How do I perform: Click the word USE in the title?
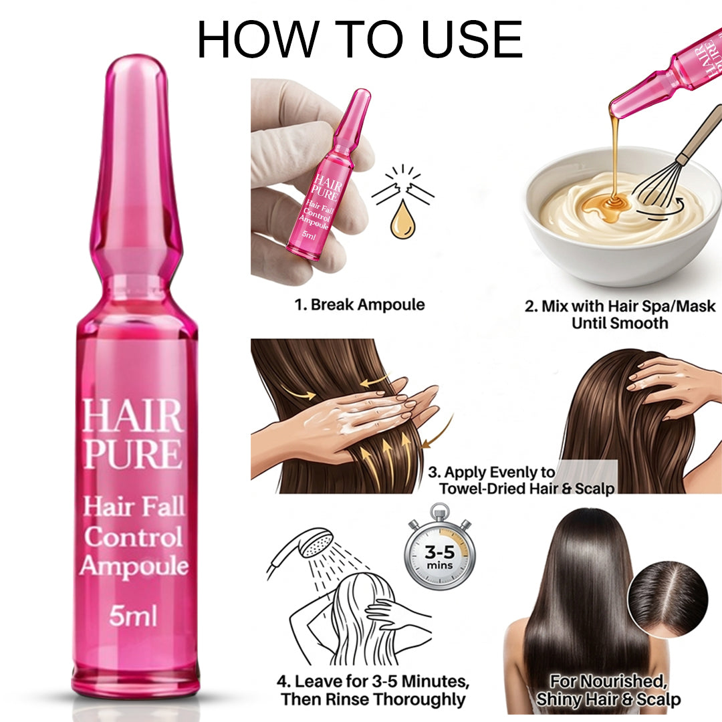[x=469, y=39]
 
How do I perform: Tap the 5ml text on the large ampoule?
[x=133, y=615]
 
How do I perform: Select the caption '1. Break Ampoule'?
[x=360, y=305]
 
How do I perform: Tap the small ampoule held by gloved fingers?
[x=328, y=180]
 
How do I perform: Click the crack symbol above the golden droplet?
[x=403, y=187]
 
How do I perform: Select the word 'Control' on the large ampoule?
[x=133, y=537]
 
